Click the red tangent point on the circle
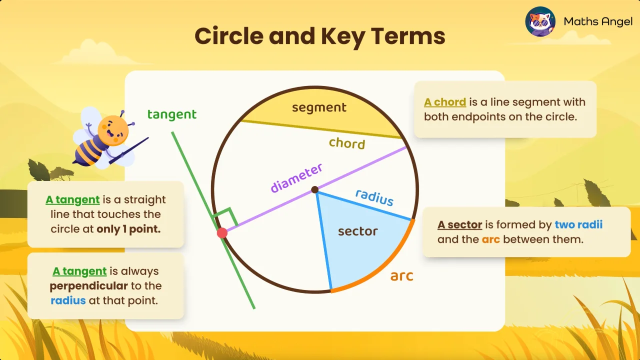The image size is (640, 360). tap(222, 233)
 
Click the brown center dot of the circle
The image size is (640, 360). tap(314, 189)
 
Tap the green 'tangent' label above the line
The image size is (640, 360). tap(172, 114)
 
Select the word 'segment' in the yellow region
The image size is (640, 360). tap(319, 107)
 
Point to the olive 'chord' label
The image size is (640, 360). tap(347, 143)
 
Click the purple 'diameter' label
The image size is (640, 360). tap(296, 178)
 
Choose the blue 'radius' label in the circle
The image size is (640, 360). tap(374, 197)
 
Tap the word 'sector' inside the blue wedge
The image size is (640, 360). tap(357, 231)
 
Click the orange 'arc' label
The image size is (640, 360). tap(401, 275)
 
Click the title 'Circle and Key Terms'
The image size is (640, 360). tap(319, 36)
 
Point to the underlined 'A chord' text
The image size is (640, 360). tap(445, 102)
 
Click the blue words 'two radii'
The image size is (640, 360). tap(578, 224)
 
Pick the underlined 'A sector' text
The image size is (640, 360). tap(459, 224)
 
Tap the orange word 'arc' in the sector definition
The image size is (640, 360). tap(491, 239)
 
